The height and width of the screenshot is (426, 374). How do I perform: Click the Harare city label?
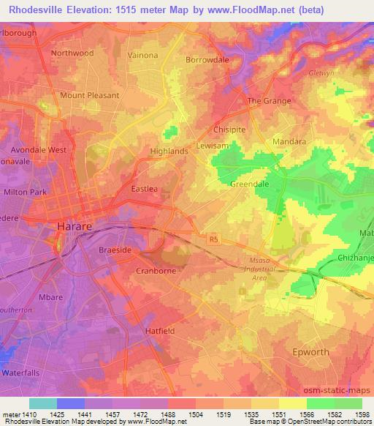(x=75, y=227)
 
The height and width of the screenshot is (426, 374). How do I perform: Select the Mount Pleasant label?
(x=90, y=95)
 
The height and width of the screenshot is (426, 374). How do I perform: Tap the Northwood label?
(x=72, y=53)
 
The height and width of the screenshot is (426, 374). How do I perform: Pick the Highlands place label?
(x=169, y=151)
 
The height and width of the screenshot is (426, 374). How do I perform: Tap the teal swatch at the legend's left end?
(x=43, y=403)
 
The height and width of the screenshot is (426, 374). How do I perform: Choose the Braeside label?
(x=115, y=250)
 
